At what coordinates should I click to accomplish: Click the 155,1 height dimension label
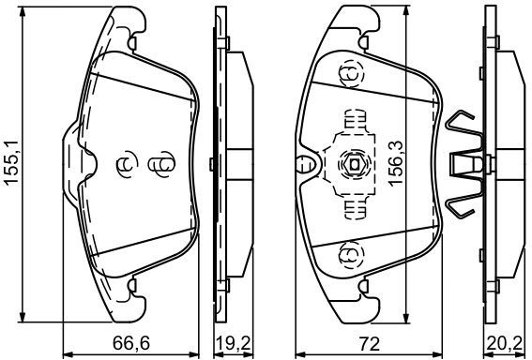click(x=11, y=163)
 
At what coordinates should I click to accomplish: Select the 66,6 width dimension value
click(x=131, y=344)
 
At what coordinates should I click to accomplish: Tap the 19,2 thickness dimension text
click(x=235, y=344)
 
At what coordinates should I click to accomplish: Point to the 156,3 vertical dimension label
click(x=396, y=164)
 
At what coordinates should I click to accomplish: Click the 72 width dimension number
click(x=369, y=344)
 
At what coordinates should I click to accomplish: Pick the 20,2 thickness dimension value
click(x=505, y=344)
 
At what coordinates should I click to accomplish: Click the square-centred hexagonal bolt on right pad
click(x=355, y=165)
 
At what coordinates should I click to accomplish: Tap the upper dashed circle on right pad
click(x=352, y=75)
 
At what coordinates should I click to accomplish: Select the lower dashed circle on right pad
click(x=352, y=254)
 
